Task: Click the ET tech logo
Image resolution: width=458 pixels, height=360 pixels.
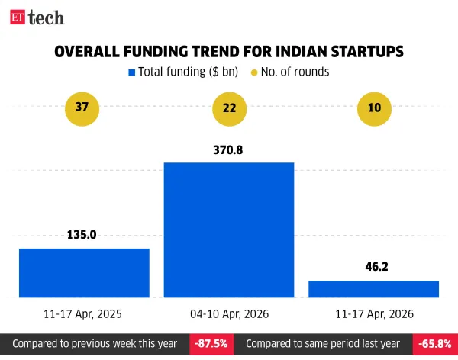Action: (37, 17)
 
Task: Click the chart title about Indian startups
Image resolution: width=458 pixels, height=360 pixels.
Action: (229, 52)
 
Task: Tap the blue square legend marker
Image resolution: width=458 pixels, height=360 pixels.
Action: (132, 72)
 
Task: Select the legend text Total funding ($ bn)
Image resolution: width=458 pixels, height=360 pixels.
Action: (188, 72)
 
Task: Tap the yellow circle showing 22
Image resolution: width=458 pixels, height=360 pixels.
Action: (229, 109)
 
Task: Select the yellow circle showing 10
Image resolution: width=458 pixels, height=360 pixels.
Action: (374, 109)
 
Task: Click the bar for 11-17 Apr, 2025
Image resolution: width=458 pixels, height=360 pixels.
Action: (84, 272)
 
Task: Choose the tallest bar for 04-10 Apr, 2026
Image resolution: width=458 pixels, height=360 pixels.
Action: (229, 230)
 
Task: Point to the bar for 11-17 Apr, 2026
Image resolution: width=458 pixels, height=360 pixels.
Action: (374, 288)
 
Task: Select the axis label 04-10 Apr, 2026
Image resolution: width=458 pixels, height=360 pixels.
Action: (229, 313)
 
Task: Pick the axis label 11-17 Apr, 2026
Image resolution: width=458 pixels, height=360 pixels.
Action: (374, 313)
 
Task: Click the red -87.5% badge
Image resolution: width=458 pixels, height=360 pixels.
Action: (211, 344)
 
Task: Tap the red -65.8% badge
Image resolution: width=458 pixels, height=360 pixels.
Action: (434, 344)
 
